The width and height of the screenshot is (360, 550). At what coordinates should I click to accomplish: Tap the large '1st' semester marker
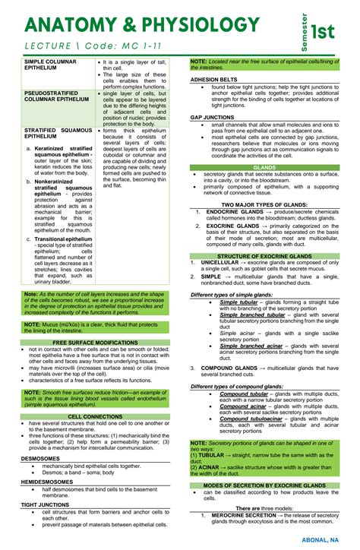coord(327,30)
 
